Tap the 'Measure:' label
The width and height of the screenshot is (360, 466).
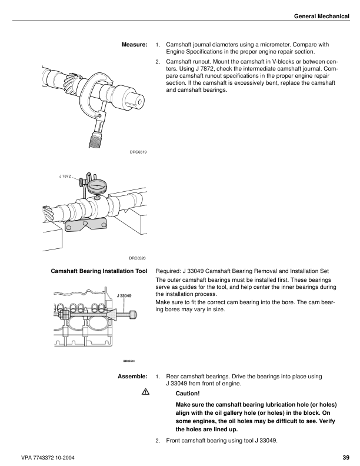coord(134,44)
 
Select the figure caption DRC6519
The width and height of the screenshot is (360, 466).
coord(138,152)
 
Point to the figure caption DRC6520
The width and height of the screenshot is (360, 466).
coord(138,258)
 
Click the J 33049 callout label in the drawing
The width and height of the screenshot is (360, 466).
coord(124,295)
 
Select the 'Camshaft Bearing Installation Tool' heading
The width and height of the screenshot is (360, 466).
coord(99,272)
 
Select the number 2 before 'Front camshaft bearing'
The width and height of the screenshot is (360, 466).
coord(157,440)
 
